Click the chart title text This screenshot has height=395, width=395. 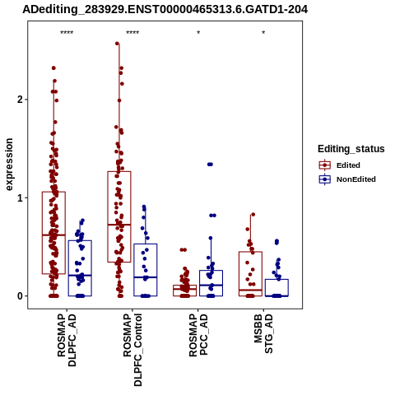tap(165, 10)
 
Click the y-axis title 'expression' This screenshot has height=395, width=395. tap(9, 165)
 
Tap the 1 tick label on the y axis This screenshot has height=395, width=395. tap(21, 197)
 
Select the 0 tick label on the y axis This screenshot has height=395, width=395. tap(21, 296)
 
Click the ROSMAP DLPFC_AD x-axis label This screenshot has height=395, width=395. tap(67, 340)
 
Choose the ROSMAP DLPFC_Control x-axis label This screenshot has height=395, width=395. tap(132, 350)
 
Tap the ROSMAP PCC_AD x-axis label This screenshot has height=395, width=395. tap(198, 335)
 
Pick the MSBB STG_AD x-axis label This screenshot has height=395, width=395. tap(263, 334)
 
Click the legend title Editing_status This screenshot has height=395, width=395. tap(351, 149)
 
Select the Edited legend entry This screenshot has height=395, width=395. tap(340, 165)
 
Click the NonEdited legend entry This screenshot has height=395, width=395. tap(347, 179)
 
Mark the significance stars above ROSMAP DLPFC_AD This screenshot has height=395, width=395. tap(67, 33)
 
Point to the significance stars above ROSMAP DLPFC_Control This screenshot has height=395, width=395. tap(132, 33)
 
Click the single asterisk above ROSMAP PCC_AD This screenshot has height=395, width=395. tap(198, 33)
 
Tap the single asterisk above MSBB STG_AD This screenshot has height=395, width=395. tap(263, 33)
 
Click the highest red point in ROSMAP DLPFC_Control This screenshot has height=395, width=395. tap(117, 44)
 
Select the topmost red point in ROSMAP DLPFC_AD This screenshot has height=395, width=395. tap(53, 68)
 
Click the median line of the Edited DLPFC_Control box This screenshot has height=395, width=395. tap(119, 225)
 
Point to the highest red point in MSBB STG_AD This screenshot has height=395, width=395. tap(253, 215)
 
